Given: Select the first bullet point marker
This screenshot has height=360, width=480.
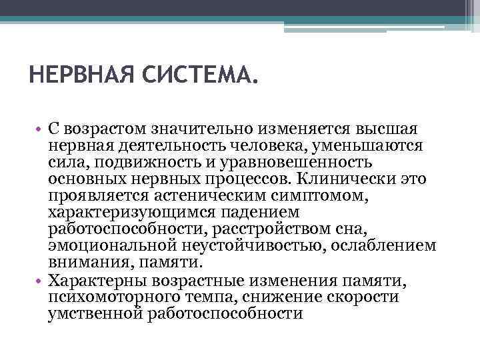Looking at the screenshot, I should (x=41, y=128).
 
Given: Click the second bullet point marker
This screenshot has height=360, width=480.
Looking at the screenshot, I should (x=41, y=281).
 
